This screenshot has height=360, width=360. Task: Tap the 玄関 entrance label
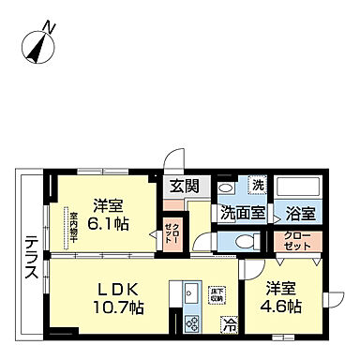[183, 186]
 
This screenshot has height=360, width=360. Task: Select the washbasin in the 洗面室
[226, 187]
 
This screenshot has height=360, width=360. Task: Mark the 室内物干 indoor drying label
[71, 228]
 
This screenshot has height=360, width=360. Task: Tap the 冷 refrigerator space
[228, 325]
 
